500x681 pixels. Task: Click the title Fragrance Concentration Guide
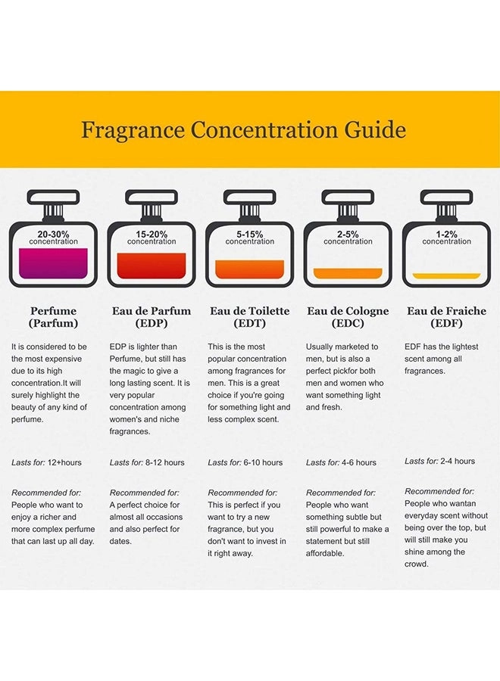pos(243,129)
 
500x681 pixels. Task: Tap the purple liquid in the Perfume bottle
pos(53,263)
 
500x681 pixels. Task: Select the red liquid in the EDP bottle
pos(152,266)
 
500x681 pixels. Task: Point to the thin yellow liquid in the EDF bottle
pos(446,276)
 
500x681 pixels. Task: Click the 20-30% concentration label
pos(53,238)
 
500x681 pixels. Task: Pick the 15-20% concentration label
pos(152,238)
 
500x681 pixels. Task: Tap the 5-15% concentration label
pos(249,238)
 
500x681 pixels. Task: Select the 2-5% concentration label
pos(348,238)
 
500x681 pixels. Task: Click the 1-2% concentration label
pos(446,238)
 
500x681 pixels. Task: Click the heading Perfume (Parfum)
pos(53,317)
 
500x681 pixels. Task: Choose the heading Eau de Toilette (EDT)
pos(249,317)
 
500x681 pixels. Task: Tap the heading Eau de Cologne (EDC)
pos(348,317)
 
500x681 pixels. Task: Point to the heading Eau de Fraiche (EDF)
pos(446,317)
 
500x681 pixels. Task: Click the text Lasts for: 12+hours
pos(46,462)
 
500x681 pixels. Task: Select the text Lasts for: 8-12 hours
pos(147,462)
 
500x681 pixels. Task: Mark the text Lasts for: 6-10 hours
pos(245,462)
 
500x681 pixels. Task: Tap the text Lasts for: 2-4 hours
pos(440,461)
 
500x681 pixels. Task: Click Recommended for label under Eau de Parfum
pos(145,493)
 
